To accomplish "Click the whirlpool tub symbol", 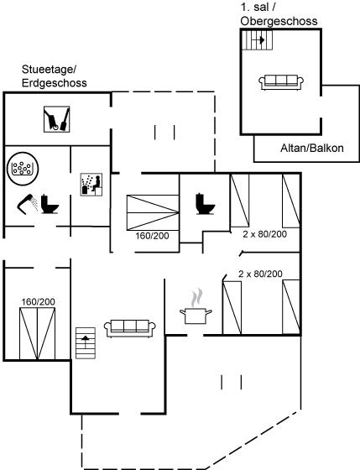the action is pos(23,168).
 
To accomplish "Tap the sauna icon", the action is pos(91,185).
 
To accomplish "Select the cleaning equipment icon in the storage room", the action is pos(57,119).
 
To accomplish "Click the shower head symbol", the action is pos(25,204).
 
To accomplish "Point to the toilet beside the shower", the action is pos(50,204).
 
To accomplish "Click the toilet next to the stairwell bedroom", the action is pos(206,204).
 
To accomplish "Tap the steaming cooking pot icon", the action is pos(196,307).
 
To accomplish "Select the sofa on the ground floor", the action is pos(130,328).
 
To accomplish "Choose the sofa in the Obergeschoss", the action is pos(281,82).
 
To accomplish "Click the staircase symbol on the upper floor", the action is pos(257,40).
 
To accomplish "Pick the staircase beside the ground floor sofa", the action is pos(86,343).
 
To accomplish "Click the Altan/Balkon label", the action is pos(312,148).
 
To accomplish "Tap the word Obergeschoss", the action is pos(279,21).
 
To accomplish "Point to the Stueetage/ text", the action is pos(50,70).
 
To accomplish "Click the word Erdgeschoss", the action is pos(55,83).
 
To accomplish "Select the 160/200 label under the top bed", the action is pos(152,236).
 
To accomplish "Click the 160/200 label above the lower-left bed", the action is pos(38,302).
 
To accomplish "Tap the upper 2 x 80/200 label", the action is pos(264,234).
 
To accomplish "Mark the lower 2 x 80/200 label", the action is pos(260,274).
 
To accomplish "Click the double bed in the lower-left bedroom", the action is pos(38,333).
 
